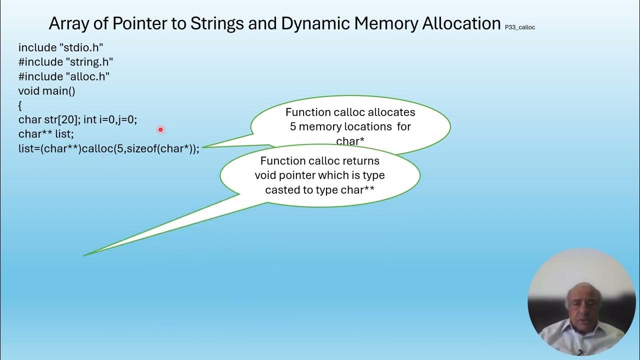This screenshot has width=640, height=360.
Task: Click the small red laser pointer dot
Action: tap(160, 129)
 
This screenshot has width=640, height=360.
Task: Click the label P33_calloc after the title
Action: tap(520, 27)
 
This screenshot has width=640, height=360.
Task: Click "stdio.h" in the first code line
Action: tap(81, 48)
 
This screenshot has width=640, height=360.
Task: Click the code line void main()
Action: tap(46, 91)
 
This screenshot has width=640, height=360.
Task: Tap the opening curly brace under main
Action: tap(20, 105)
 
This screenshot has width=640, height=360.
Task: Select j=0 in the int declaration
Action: tap(127, 120)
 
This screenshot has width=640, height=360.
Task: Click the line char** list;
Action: tap(46, 134)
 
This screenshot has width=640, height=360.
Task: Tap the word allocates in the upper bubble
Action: tap(391, 112)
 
